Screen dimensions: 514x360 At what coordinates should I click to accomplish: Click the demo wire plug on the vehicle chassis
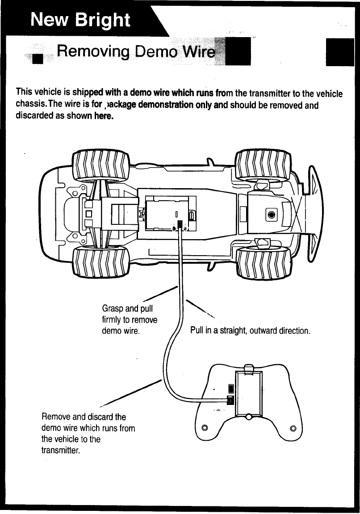click(180, 224)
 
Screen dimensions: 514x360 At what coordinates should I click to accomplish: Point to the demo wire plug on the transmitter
click(230, 400)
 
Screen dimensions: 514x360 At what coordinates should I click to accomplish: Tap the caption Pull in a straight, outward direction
click(250, 331)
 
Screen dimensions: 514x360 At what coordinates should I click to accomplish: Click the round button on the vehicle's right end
click(271, 214)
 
